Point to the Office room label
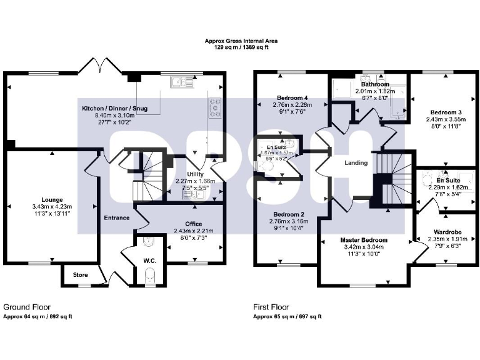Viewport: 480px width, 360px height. click(193, 223)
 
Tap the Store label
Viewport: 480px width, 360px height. click(81, 274)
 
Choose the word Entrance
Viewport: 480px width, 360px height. click(117, 218)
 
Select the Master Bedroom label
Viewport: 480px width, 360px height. click(364, 239)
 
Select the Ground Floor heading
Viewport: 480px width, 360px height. click(27, 307)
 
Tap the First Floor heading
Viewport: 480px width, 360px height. click(271, 307)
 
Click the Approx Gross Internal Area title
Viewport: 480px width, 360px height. click(240, 41)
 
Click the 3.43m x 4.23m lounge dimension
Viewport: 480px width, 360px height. click(51, 206)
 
